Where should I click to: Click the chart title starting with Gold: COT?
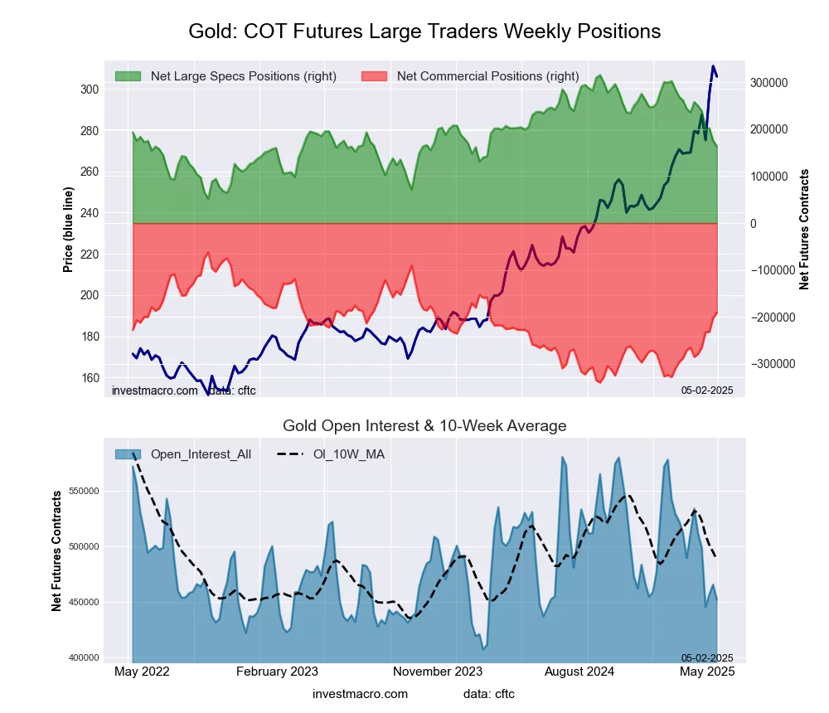pos(424,32)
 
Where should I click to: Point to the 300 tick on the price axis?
pos(90,90)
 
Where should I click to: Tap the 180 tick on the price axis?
pos(90,337)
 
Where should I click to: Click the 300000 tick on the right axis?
pos(768,83)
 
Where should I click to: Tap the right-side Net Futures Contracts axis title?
pos(803,230)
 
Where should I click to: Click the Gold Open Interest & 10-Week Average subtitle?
pos(424,426)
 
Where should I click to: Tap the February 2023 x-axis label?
pos(278,672)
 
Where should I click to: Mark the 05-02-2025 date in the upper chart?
pos(707,390)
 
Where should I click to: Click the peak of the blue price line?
pos(712,65)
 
